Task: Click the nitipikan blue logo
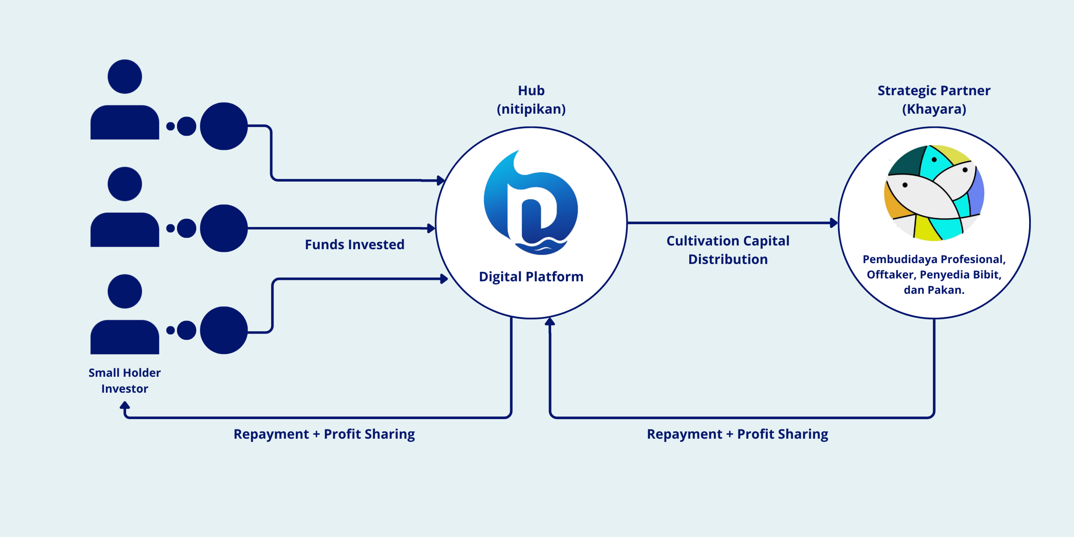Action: [531, 203]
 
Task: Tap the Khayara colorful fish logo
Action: [934, 193]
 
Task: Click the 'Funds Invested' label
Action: [355, 245]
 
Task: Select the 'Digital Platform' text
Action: [531, 277]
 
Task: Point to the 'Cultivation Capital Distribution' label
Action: [728, 250]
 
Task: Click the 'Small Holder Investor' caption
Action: [125, 381]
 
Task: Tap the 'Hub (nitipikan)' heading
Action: [531, 100]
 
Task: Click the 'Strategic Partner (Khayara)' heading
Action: [934, 100]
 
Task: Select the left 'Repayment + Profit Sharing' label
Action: [324, 434]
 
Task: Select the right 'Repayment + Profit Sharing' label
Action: [737, 434]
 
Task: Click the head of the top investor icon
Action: [125, 76]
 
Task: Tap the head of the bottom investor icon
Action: [125, 291]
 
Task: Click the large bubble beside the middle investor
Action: [224, 228]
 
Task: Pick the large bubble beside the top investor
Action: [224, 126]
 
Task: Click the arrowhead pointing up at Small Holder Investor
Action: [125, 405]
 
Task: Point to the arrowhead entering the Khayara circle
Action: [834, 223]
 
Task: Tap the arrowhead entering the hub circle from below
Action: [550, 322]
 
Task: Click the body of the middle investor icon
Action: [125, 230]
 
